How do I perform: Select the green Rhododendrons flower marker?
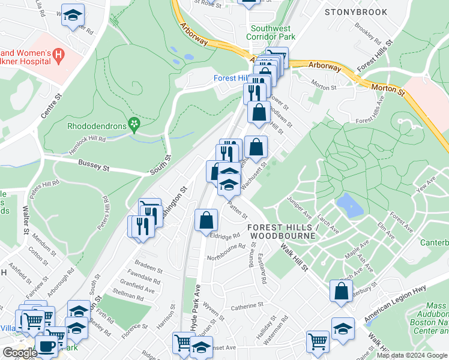point(135,125)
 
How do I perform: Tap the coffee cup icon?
point(46,346)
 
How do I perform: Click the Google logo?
point(19,353)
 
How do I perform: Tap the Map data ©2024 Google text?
point(412,355)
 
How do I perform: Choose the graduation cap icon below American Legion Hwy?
point(343,328)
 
